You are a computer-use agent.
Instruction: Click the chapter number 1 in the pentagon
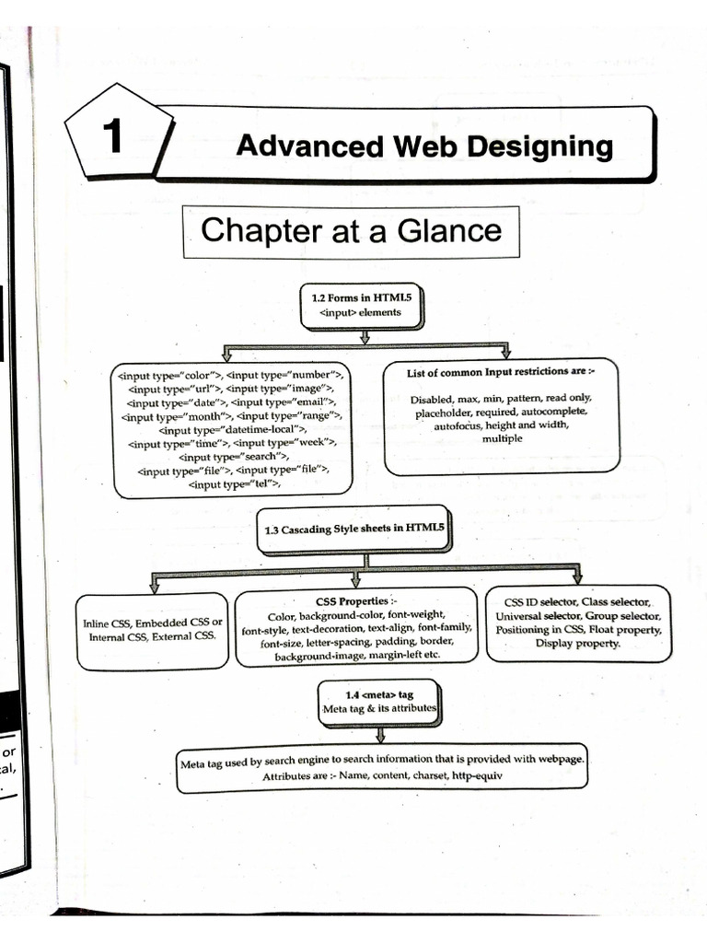pyautogui.click(x=111, y=137)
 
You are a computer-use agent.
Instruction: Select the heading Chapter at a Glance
pyautogui.click(x=351, y=230)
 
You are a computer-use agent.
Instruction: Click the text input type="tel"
pyautogui.click(x=233, y=483)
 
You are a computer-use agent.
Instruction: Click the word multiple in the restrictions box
pyautogui.click(x=502, y=439)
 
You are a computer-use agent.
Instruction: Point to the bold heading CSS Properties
pyautogui.click(x=355, y=600)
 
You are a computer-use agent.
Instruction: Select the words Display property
pyautogui.click(x=577, y=644)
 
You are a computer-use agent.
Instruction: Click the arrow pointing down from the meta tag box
pyautogui.click(x=379, y=733)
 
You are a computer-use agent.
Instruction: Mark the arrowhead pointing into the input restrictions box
pyautogui.click(x=504, y=353)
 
